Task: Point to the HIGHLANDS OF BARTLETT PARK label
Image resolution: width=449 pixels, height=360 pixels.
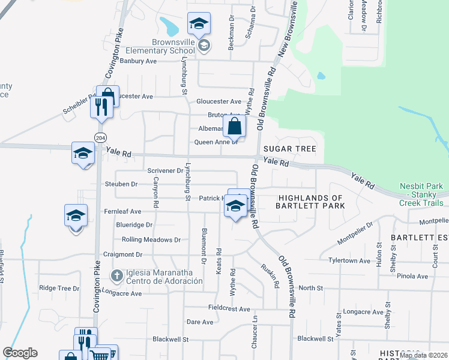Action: click(310, 202)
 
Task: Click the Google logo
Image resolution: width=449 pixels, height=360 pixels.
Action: click(20, 353)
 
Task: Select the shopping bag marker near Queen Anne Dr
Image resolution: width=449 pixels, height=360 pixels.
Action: click(235, 127)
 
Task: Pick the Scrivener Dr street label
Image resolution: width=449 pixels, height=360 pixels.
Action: click(165, 171)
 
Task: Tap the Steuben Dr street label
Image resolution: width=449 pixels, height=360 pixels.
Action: click(122, 184)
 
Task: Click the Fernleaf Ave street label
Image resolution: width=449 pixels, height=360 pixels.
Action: click(122, 212)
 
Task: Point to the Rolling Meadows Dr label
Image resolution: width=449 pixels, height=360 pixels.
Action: click(151, 239)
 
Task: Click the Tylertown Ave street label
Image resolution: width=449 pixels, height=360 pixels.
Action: click(349, 261)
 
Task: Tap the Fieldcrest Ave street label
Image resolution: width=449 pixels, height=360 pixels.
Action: click(229, 308)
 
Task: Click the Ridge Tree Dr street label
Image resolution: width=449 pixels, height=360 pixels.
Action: click(59, 288)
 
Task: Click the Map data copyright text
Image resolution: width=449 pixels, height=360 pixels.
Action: click(424, 356)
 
